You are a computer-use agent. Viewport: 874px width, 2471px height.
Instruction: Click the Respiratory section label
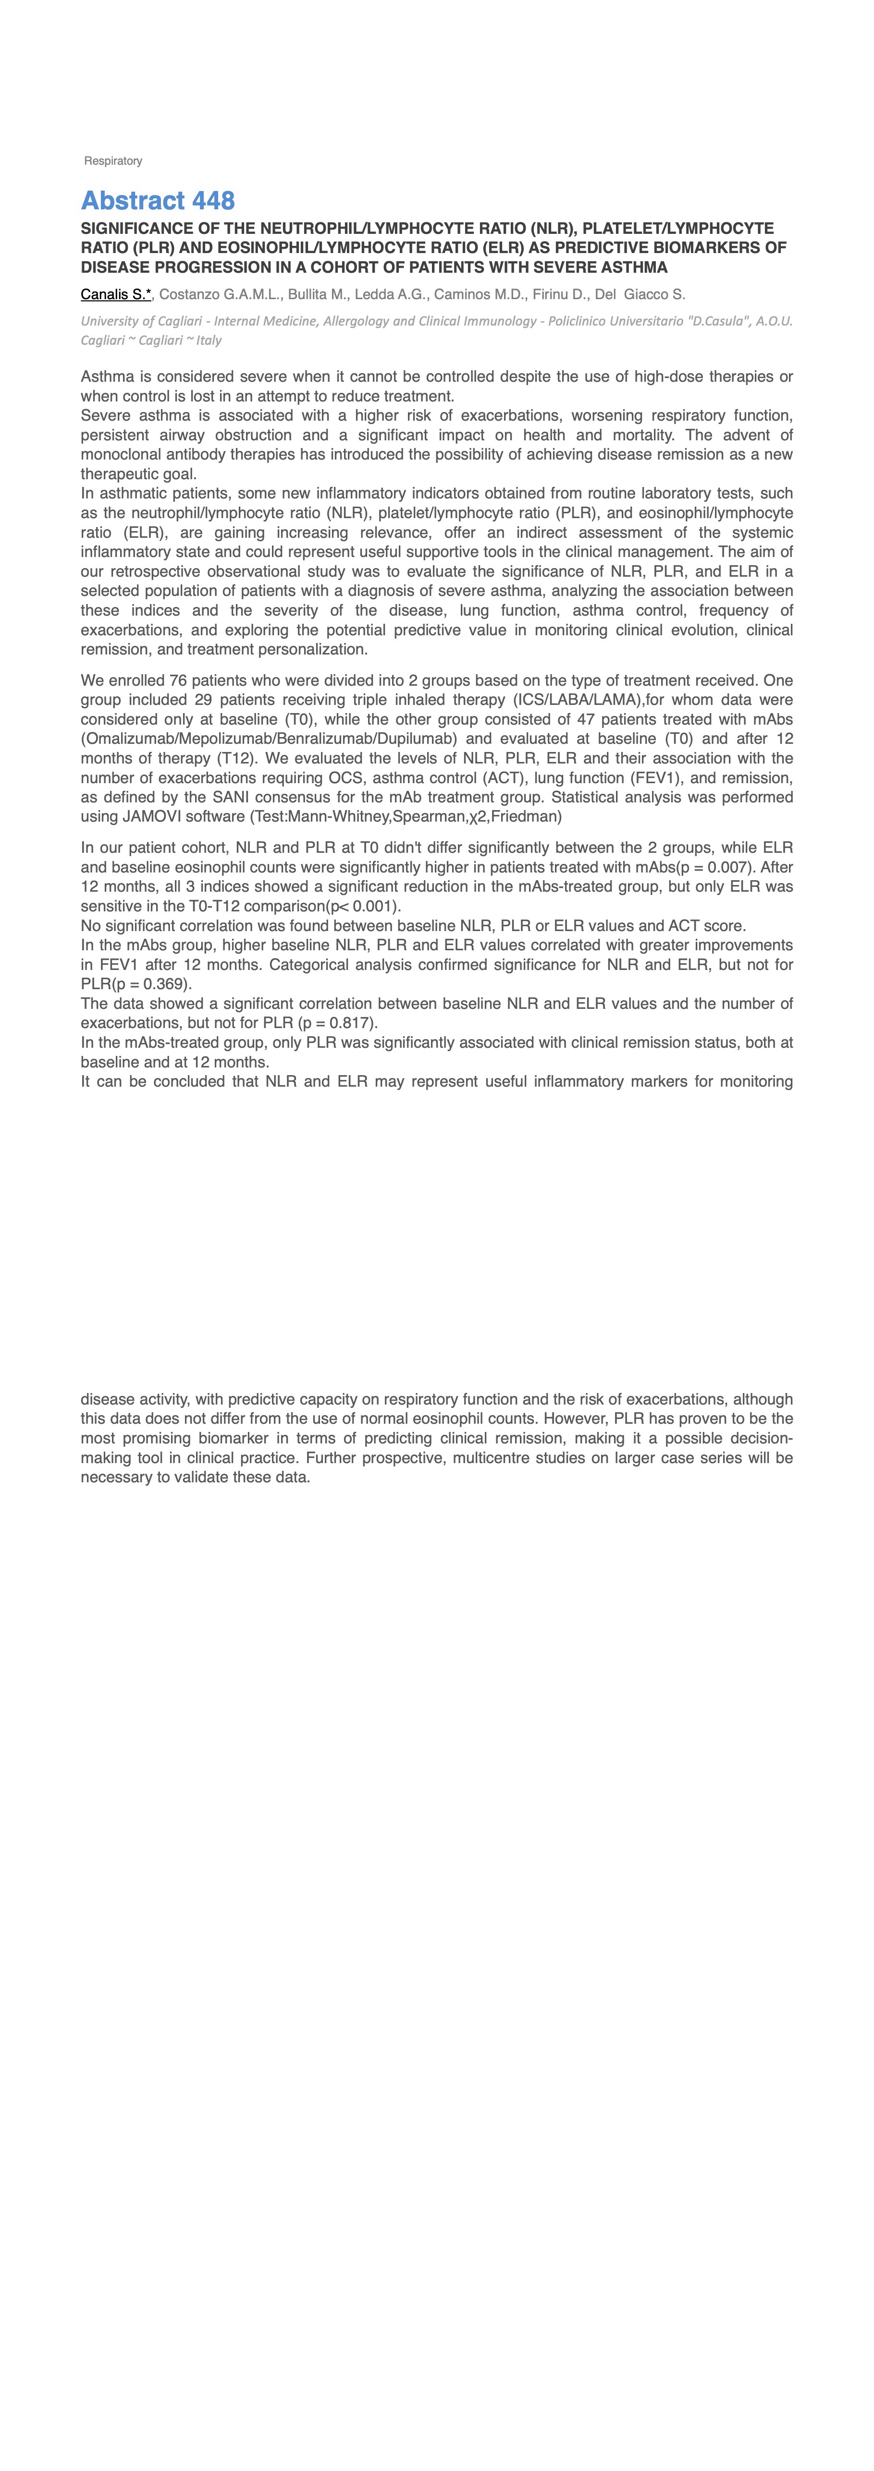[x=113, y=161]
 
